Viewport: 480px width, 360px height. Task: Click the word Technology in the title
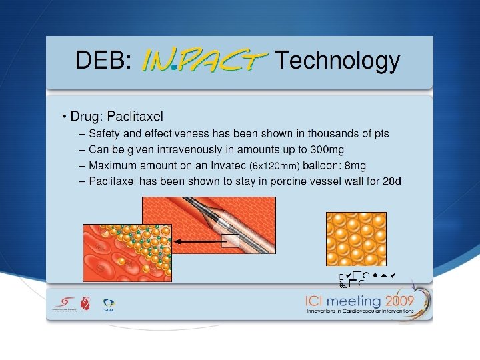[x=337, y=61]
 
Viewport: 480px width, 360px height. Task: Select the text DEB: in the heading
[x=103, y=61]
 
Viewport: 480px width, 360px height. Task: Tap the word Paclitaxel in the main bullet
[x=135, y=117]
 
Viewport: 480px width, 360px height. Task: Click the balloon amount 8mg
[x=353, y=165]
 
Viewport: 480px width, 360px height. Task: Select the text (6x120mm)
[x=273, y=166]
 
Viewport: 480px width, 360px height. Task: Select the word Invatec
[x=226, y=165]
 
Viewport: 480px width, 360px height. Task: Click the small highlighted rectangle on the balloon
[x=230, y=241]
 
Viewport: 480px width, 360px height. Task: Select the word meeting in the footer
[x=349, y=301]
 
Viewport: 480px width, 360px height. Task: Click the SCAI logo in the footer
[x=107, y=305]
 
